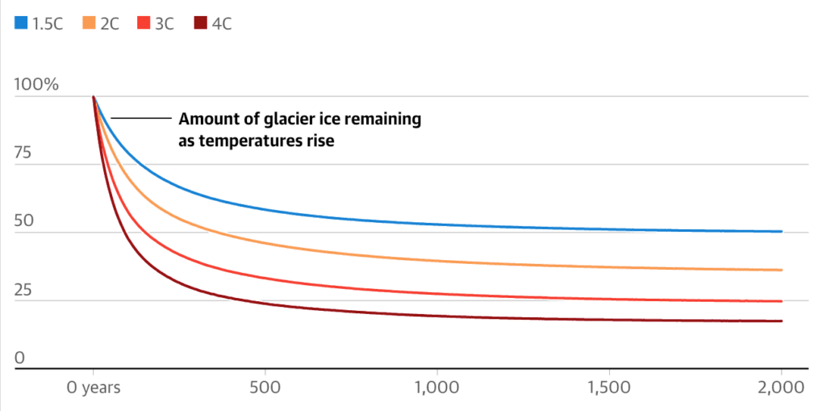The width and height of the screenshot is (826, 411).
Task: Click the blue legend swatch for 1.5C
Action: click(21, 23)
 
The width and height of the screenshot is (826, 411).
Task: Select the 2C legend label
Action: click(110, 23)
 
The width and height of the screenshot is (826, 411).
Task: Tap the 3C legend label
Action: click(164, 23)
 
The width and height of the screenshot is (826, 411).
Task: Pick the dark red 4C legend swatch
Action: click(200, 23)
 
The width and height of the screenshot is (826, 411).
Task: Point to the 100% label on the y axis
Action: click(36, 85)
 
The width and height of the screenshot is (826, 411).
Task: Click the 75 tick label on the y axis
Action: click(24, 153)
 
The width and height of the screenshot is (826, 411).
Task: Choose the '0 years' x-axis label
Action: click(93, 388)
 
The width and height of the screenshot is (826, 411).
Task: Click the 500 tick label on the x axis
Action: click(265, 388)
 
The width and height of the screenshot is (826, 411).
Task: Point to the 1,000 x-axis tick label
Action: click(436, 388)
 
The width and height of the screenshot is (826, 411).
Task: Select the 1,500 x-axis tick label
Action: click(609, 388)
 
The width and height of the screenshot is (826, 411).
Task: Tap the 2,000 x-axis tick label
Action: click(781, 388)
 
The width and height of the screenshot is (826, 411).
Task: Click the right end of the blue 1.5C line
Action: click(781, 232)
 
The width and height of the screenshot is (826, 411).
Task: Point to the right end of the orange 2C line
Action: click(781, 270)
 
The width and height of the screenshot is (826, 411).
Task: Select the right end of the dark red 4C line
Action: click(781, 321)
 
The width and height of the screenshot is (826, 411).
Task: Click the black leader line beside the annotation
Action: click(141, 119)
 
